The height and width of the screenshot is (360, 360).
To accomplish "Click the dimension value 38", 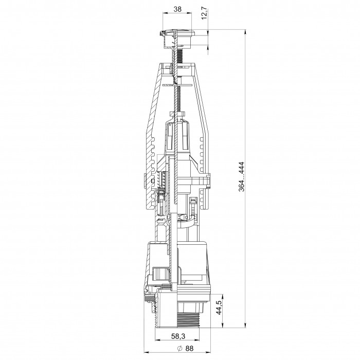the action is click(x=177, y=9).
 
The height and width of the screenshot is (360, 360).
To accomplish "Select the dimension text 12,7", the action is click(x=204, y=13).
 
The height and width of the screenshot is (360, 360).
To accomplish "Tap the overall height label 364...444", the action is click(x=242, y=177).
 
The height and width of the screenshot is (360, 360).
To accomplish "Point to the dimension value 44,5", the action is click(x=219, y=308).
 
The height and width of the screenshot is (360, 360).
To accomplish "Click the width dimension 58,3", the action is click(x=178, y=336).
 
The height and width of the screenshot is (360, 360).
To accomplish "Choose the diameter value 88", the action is click(x=189, y=348).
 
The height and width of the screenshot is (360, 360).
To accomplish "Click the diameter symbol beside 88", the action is click(x=180, y=348).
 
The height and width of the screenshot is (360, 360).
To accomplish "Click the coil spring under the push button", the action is click(x=180, y=56).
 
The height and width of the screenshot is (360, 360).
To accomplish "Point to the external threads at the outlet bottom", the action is click(x=188, y=319).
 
